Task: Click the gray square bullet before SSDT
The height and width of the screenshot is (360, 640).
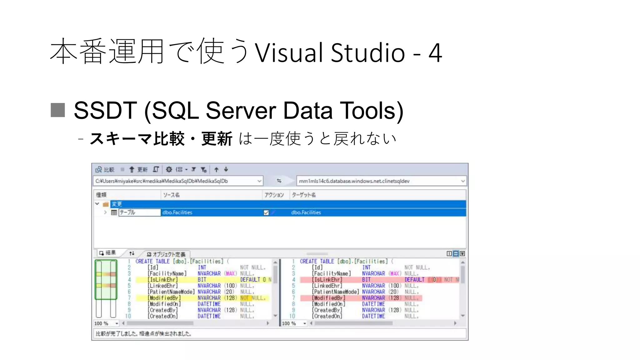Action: pos(58,110)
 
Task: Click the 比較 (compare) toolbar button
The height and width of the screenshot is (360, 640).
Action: pos(105,169)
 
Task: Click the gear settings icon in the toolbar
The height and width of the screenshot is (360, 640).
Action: pos(169,169)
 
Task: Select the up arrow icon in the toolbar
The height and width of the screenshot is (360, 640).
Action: pos(216,169)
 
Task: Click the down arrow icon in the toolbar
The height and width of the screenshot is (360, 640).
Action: pos(226,169)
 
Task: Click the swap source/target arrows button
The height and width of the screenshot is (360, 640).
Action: pos(279,181)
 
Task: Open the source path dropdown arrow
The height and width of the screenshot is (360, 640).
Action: pos(259,181)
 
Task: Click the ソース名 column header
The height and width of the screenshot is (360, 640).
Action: pos(171,195)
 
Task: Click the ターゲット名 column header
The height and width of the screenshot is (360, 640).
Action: pos(303,195)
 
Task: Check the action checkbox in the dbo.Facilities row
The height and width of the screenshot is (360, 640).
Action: pos(266,212)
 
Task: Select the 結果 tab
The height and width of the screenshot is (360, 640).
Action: pos(108,253)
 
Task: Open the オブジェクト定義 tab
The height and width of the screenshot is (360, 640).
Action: pos(166,254)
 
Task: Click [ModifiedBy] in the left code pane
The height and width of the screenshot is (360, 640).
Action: pos(164,298)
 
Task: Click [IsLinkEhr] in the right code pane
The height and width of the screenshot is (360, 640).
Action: pos(327,280)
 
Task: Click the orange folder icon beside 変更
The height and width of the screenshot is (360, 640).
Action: pos(106,204)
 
